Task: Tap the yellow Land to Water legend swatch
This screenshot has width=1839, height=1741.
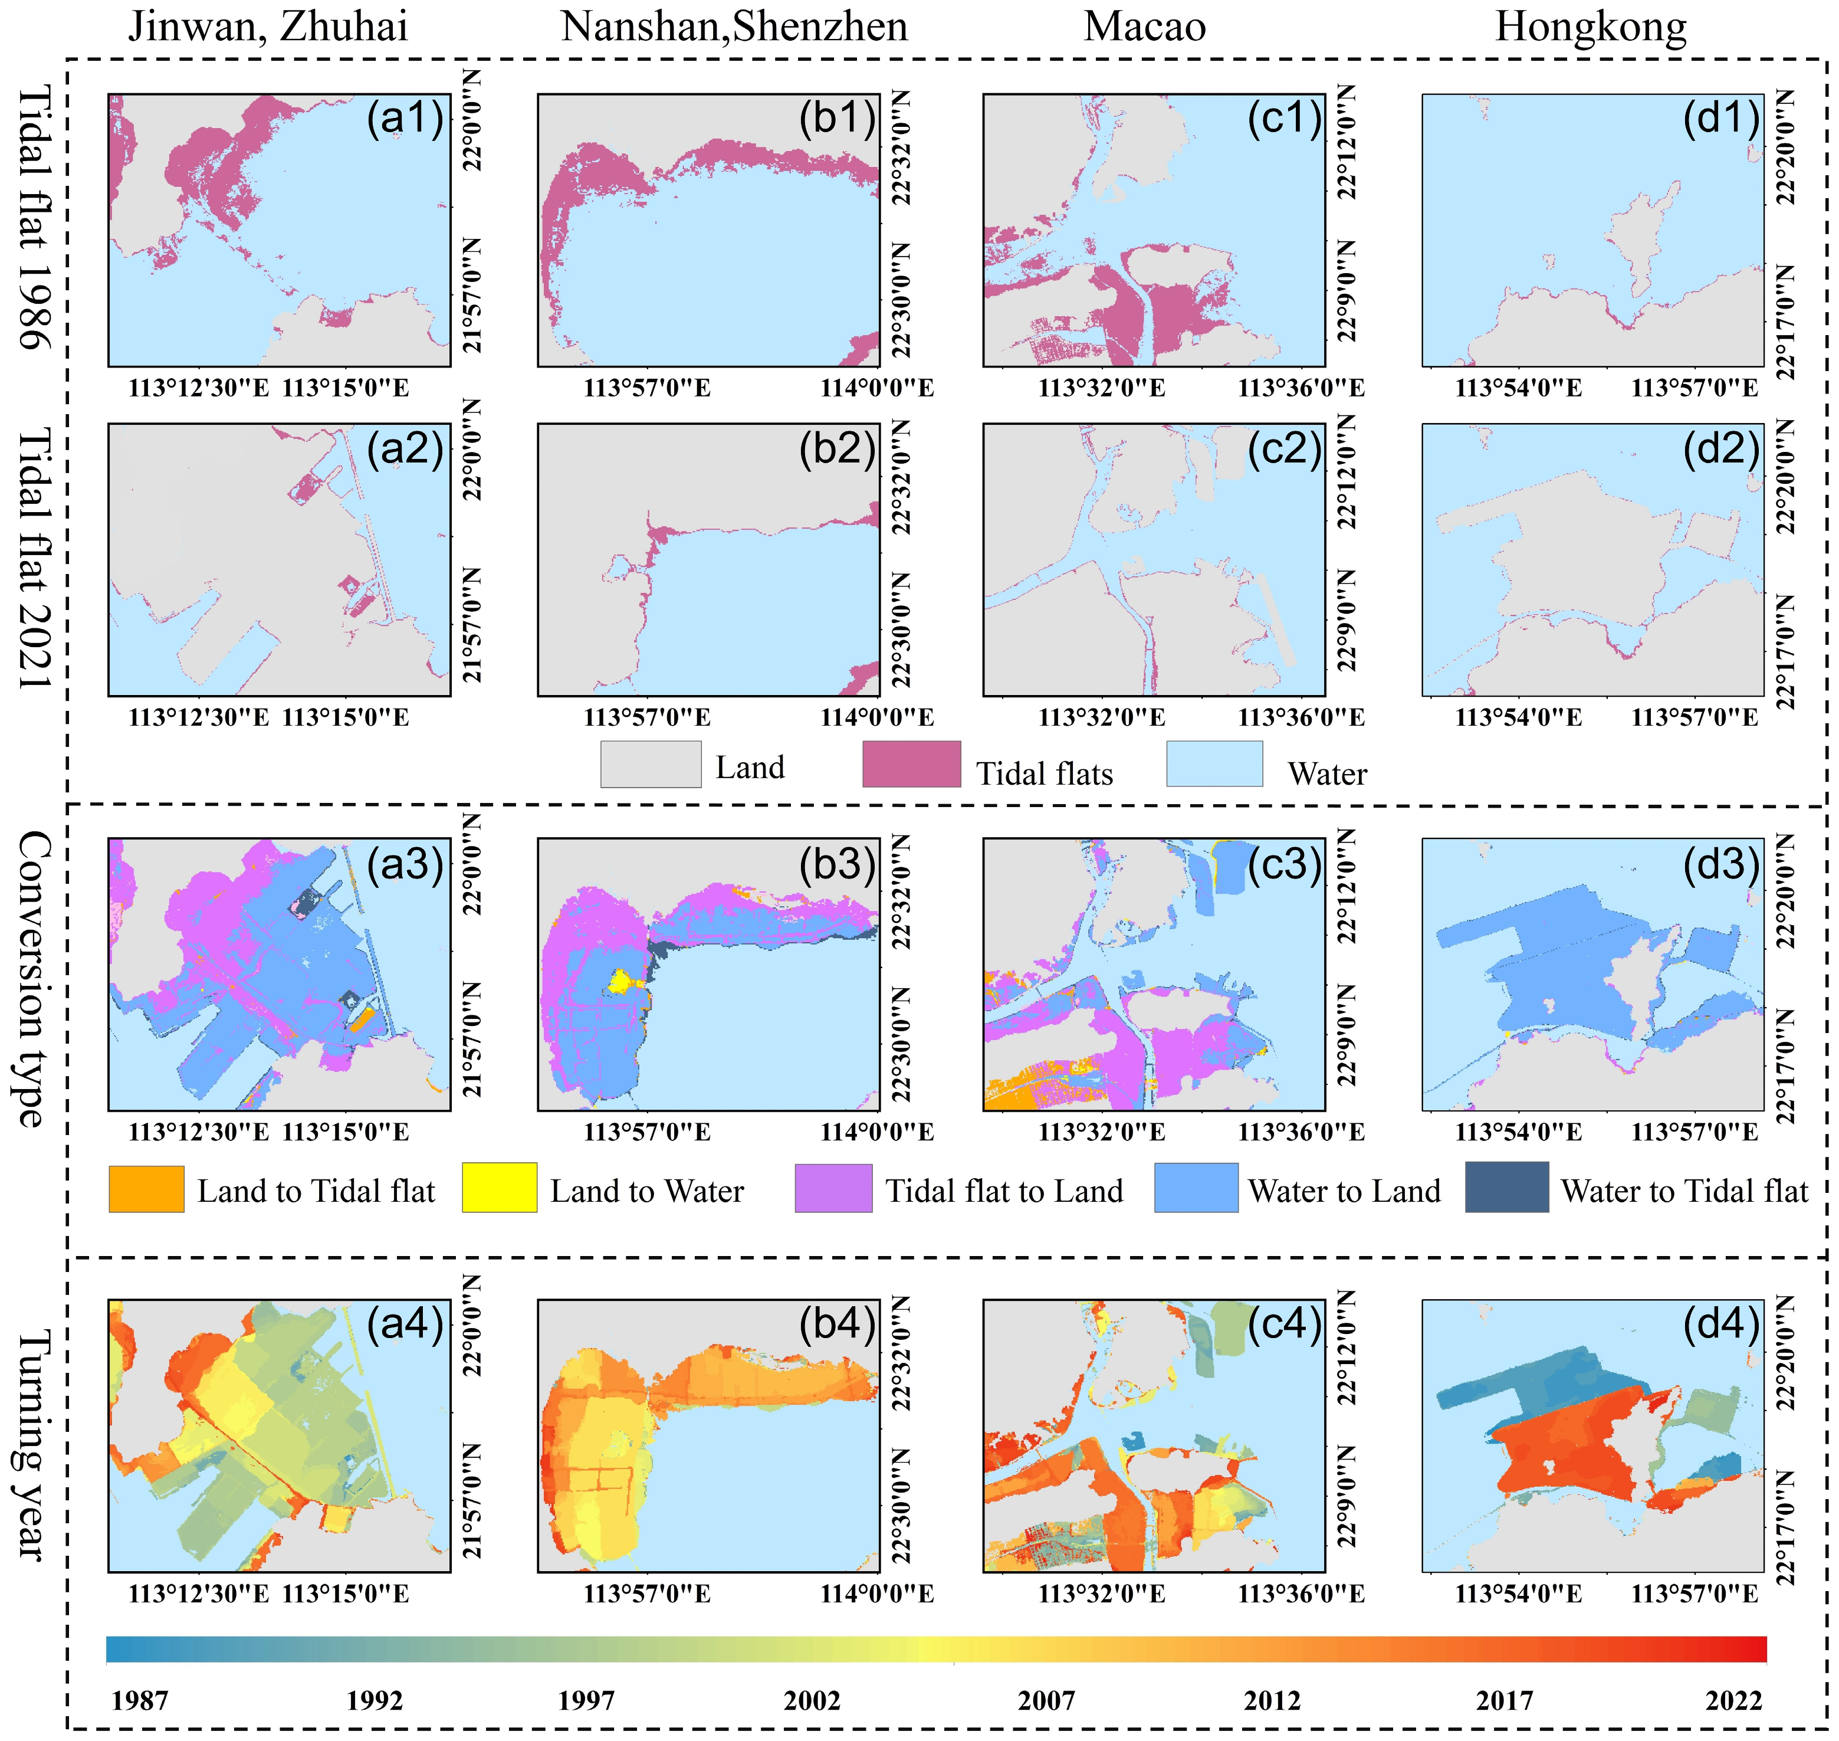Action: pyautogui.click(x=499, y=1187)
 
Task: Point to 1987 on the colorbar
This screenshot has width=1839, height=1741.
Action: pyautogui.click(x=139, y=1700)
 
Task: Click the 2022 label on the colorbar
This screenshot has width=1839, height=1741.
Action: pyautogui.click(x=1733, y=1700)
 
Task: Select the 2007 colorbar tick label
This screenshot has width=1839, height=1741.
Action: pyautogui.click(x=1046, y=1700)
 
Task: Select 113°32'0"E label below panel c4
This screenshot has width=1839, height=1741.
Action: pyautogui.click(x=1101, y=1594)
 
